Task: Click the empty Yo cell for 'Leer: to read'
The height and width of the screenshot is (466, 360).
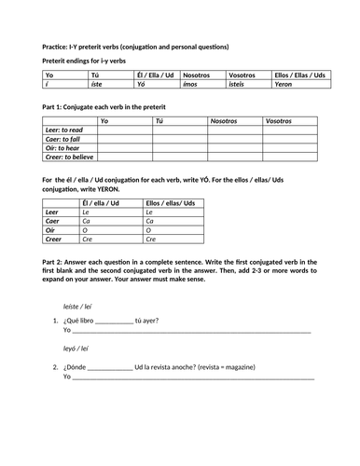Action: (125, 130)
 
